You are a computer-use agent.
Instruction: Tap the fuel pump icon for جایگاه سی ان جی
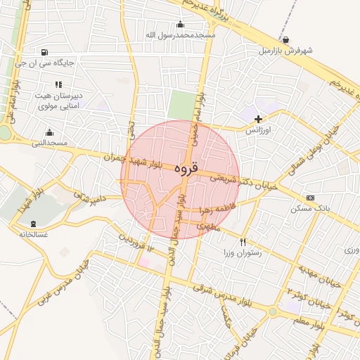[45, 52]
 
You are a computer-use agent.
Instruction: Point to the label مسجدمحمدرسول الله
[179, 34]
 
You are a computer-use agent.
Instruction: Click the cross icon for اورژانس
[259, 119]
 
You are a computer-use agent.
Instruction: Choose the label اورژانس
[258, 131]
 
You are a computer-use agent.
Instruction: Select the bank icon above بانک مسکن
[310, 198]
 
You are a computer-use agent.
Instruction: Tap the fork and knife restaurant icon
[243, 241]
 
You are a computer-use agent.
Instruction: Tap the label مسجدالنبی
[49, 143]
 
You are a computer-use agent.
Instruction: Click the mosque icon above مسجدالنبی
[49, 131]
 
